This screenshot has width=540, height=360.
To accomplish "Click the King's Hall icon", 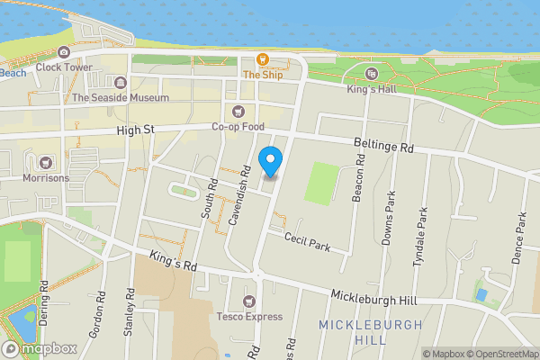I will click(x=372, y=74).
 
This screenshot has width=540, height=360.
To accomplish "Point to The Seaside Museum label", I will click(x=121, y=98).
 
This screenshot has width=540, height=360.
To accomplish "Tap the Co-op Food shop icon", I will click(x=238, y=112).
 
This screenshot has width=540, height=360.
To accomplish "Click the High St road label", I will click(x=136, y=131).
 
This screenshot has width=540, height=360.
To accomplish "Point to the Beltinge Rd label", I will click(x=382, y=145).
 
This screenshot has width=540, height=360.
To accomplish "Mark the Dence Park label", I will click(x=518, y=238).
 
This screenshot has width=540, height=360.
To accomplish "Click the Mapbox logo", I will click(x=40, y=348).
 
